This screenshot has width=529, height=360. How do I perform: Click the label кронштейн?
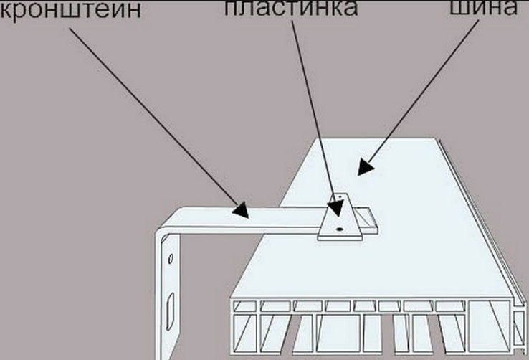(x=70, y=9)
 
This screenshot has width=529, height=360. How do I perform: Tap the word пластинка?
(x=291, y=7)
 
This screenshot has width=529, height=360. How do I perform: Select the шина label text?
(x=484, y=7)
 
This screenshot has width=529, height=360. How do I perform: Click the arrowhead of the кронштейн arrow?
(x=241, y=210)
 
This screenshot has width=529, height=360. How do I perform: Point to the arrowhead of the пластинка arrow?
(x=336, y=207)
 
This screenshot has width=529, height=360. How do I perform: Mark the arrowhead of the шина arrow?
(x=366, y=167)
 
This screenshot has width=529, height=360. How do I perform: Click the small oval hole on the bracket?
(x=171, y=259)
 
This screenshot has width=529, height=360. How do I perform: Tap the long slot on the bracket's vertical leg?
(x=171, y=307)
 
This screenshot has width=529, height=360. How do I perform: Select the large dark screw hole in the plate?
(x=339, y=229)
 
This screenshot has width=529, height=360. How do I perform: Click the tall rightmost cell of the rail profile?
(x=489, y=326)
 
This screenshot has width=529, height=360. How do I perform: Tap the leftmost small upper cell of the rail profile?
(x=245, y=306)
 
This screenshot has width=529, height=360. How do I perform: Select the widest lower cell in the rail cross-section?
(x=340, y=333)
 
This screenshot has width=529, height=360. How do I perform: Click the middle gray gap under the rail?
(x=388, y=334)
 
